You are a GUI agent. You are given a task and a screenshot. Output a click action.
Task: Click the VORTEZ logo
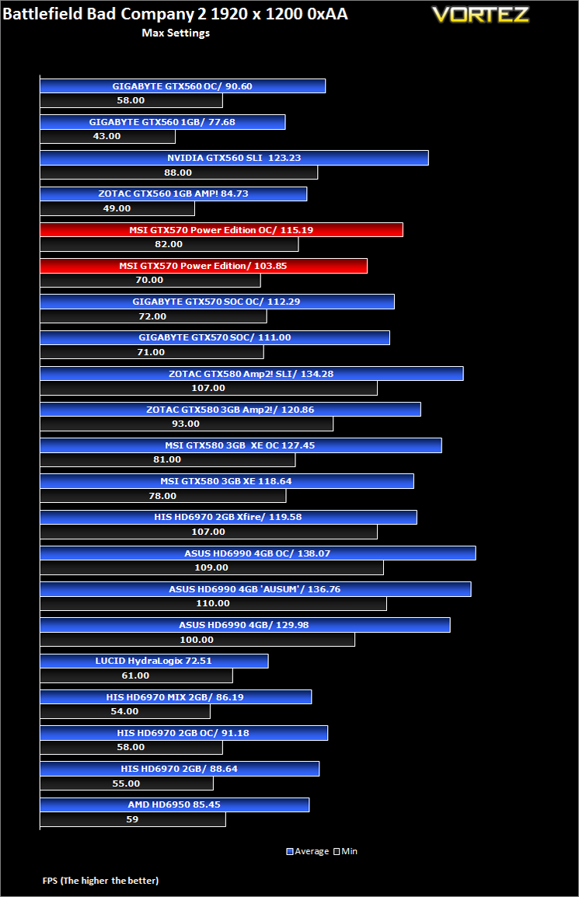[x=480, y=15]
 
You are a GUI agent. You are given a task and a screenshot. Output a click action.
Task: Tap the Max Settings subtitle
[x=176, y=33]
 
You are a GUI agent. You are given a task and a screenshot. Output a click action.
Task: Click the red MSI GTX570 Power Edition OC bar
[x=221, y=230]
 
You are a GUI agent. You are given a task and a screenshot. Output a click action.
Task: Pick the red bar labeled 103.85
[x=204, y=266]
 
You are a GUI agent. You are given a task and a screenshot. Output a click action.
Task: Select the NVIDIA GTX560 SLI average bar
[x=234, y=158]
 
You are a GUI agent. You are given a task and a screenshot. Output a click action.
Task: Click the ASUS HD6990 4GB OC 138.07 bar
[x=258, y=553]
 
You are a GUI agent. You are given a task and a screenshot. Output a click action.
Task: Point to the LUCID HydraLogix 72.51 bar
[x=154, y=661]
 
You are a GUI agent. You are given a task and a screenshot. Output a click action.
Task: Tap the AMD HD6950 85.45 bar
[x=175, y=805]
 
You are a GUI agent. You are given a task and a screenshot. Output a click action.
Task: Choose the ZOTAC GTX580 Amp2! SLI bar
[x=252, y=374]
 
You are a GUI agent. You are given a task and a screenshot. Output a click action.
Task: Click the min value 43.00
[x=107, y=136]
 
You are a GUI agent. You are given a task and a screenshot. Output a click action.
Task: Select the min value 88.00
[x=178, y=173]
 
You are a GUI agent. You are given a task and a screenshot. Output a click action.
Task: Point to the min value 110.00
[x=213, y=603]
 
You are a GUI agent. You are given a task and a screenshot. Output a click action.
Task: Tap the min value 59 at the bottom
[x=132, y=819]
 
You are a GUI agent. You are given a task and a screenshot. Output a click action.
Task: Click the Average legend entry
[x=308, y=851]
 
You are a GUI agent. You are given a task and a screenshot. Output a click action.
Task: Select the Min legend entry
[x=346, y=851]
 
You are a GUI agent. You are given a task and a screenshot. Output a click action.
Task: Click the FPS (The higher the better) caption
[x=101, y=881]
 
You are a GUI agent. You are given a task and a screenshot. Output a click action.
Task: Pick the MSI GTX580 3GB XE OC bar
[x=241, y=445]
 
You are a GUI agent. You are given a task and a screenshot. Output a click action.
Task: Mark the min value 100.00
[x=197, y=640]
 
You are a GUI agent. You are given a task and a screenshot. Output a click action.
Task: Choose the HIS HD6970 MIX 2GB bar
[x=176, y=696]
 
